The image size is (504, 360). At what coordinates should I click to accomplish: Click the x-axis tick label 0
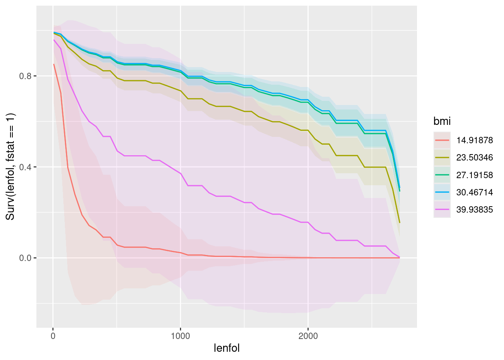(53, 336)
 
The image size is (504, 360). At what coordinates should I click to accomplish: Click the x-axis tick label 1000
(180, 336)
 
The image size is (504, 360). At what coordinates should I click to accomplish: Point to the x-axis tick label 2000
(308, 336)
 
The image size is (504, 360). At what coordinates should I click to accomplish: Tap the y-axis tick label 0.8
(25, 76)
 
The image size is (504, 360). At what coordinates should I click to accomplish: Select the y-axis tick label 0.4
(25, 167)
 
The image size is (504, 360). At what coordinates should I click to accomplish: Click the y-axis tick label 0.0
(25, 258)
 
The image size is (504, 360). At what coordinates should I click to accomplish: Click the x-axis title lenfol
(226, 348)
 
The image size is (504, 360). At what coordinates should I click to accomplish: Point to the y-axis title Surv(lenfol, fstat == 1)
(10, 166)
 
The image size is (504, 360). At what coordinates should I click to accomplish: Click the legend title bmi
(442, 121)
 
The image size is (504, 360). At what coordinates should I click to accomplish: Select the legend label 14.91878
(474, 140)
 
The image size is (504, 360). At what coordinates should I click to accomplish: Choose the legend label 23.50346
(474, 157)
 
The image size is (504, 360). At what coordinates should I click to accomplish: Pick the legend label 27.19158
(474, 175)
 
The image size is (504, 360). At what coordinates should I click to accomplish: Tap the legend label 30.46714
(474, 192)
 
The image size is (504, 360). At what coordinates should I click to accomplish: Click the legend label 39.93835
(474, 209)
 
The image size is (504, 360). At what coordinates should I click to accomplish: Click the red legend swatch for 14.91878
(442, 140)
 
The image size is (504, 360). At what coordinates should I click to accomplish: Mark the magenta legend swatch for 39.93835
(442, 209)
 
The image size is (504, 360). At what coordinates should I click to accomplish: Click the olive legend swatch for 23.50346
(442, 157)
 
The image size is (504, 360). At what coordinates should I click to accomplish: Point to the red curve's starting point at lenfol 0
(54, 64)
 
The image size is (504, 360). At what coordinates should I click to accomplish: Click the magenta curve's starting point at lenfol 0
(54, 40)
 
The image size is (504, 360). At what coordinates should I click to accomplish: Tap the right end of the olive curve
(400, 223)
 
